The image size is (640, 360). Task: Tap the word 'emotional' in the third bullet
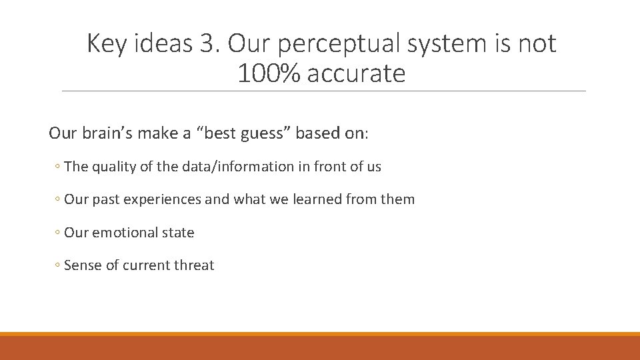pyautogui.click(x=125, y=233)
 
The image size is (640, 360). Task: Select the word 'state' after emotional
pyautogui.click(x=179, y=233)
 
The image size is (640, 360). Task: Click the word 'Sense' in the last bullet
pyautogui.click(x=83, y=265)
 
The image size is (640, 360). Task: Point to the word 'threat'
pyautogui.click(x=194, y=265)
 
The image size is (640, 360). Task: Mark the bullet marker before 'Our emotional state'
pyautogui.click(x=58, y=233)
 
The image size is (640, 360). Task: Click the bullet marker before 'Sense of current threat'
pyautogui.click(x=58, y=266)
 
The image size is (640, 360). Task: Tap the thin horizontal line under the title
pyautogui.click(x=323, y=91)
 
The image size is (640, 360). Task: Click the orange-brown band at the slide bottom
pyautogui.click(x=320, y=348)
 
